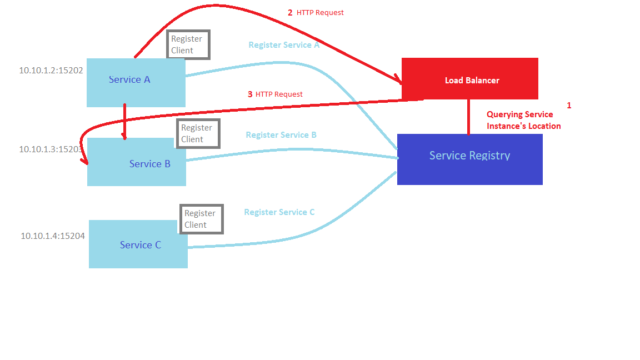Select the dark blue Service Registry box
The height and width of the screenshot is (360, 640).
pyautogui.click(x=469, y=159)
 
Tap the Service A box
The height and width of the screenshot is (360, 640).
pyautogui.click(x=136, y=83)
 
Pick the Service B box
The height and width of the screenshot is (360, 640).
pyautogui.click(x=137, y=162)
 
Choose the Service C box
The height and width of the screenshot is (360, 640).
pyautogui.click(x=138, y=244)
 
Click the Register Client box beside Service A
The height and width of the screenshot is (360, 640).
pyautogui.click(x=188, y=44)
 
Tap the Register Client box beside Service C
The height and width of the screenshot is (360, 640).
pyautogui.click(x=201, y=219)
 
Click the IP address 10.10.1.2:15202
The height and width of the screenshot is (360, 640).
pyautogui.click(x=51, y=71)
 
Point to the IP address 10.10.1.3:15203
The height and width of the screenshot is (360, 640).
pyautogui.click(x=51, y=149)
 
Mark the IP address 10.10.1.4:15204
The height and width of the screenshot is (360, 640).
pyautogui.click(x=53, y=236)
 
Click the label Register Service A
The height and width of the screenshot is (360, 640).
pyautogui.click(x=284, y=45)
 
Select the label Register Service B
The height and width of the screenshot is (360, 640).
pyautogui.click(x=281, y=135)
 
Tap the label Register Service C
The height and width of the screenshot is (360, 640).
pyautogui.click(x=279, y=212)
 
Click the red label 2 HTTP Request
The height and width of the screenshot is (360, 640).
pyautogui.click(x=316, y=12)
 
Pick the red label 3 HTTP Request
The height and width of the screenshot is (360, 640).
pyautogui.click(x=275, y=94)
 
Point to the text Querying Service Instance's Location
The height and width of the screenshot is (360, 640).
pyautogui.click(x=523, y=120)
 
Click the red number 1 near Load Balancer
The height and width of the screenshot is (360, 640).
pyautogui.click(x=568, y=105)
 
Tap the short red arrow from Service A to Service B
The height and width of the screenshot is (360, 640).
pyautogui.click(x=124, y=121)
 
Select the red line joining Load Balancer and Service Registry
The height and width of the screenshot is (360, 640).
pyautogui.click(x=468, y=117)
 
